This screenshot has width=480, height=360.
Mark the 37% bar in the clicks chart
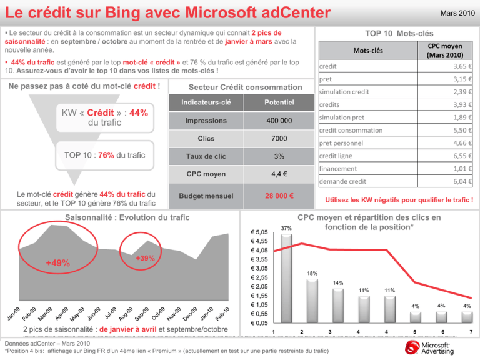coord(287,278)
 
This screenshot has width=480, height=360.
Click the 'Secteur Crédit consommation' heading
coord(236,87)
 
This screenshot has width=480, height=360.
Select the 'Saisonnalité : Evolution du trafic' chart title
coord(119,217)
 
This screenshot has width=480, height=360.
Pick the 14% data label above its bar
coord(338,283)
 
